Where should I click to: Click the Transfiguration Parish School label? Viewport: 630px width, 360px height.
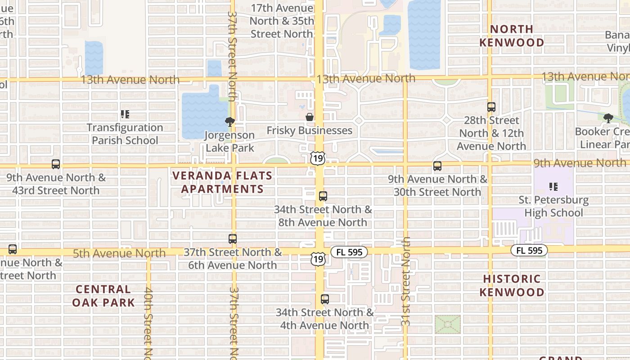pyautogui.click(x=125, y=134)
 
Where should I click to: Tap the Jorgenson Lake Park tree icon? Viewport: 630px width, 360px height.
pyautogui.click(x=229, y=121)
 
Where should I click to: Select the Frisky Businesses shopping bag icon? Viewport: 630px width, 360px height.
pyautogui.click(x=310, y=117)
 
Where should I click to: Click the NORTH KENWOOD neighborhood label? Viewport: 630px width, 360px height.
pyautogui.click(x=512, y=36)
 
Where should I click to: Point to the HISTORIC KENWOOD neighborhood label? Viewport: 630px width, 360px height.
pyautogui.click(x=512, y=286)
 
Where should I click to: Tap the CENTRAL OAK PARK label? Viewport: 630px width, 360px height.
pyautogui.click(x=103, y=296)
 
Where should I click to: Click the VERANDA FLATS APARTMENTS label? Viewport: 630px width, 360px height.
pyautogui.click(x=223, y=182)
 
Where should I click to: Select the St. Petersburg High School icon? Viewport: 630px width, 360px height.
pyautogui.click(x=553, y=186)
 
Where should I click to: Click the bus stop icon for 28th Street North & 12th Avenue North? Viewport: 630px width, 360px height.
pyautogui.click(x=491, y=107)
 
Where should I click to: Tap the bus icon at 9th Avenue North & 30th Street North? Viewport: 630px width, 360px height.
pyautogui.click(x=437, y=166)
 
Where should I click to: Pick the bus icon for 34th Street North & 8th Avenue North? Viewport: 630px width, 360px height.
pyautogui.click(x=323, y=196)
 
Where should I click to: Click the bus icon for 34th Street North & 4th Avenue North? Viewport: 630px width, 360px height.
pyautogui.click(x=325, y=299)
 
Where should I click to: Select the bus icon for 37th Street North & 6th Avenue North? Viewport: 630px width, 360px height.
pyautogui.click(x=233, y=239)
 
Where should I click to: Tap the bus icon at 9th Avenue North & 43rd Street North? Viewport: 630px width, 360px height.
pyautogui.click(x=56, y=164)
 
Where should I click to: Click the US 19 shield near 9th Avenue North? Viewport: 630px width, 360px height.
pyautogui.click(x=318, y=158)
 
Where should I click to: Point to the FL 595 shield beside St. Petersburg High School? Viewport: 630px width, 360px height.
pyautogui.click(x=529, y=250)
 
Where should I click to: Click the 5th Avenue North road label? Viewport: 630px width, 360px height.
pyautogui.click(x=119, y=253)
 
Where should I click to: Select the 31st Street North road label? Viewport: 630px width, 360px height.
pyautogui.click(x=406, y=281)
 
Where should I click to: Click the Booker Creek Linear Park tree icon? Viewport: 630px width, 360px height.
pyautogui.click(x=608, y=118)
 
